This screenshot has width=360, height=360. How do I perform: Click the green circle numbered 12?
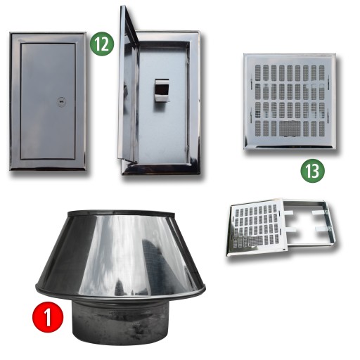tap(102, 44)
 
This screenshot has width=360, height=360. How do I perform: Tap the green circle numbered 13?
tap(313, 171)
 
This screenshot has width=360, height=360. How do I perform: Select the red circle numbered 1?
tap(48, 317)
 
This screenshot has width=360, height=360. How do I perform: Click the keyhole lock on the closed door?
tap(61, 102)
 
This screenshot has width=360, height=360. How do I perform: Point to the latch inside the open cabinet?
tap(162, 90)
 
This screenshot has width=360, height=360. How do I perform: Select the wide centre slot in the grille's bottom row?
tap(290, 129)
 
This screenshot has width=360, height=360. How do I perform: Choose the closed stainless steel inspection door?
tap(48, 101)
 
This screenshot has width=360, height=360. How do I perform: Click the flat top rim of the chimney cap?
tap(121, 213)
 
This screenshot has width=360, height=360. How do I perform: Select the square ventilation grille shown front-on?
tap(290, 101)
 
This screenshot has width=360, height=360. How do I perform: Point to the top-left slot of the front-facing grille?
tap(258, 72)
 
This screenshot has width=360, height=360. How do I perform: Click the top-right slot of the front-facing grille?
tap(321, 72)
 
